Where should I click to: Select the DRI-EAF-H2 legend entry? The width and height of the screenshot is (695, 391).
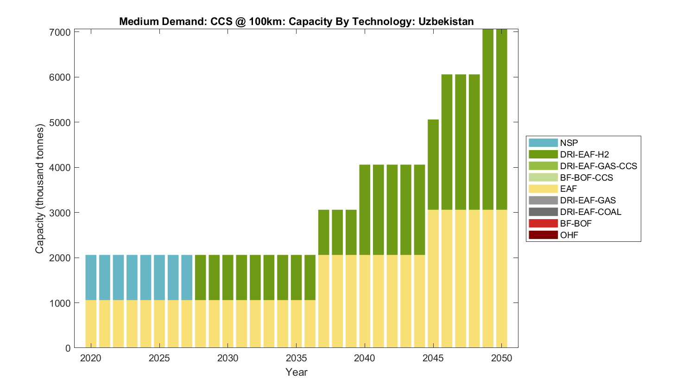click(584, 154)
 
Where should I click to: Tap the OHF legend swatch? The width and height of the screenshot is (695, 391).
click(543, 235)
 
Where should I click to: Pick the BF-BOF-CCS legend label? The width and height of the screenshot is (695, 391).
click(586, 177)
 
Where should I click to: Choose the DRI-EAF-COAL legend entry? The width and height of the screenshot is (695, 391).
click(590, 212)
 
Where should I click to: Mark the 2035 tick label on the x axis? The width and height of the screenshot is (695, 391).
click(296, 358)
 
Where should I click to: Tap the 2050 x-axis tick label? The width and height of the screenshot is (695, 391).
click(501, 358)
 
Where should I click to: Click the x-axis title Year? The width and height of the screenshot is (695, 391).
click(296, 372)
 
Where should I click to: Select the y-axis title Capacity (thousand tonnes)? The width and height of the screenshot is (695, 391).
click(40, 189)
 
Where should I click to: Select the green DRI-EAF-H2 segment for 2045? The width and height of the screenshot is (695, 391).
click(433, 164)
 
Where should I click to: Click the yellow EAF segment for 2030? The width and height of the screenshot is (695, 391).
click(228, 324)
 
